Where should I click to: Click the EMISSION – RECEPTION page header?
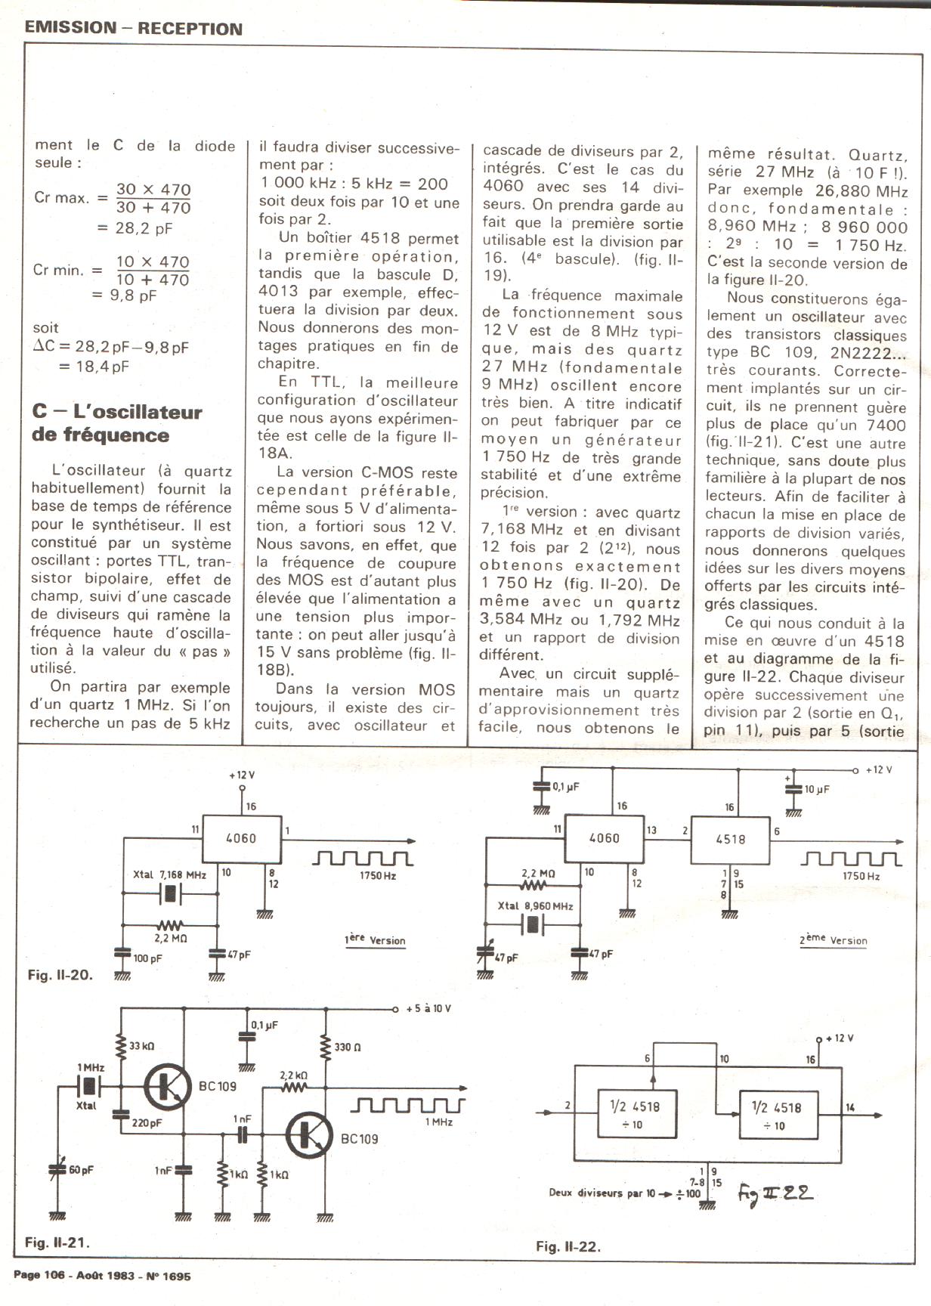point(133,29)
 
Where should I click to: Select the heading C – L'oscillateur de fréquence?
point(117,423)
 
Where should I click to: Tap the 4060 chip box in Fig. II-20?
point(241,837)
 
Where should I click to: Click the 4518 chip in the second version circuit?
point(730,839)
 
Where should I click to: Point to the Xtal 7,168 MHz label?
point(169,874)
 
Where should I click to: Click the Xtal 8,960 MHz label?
point(535,905)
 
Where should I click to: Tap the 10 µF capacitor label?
point(817,789)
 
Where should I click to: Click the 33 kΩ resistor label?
point(141,1046)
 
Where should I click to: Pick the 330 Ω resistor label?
point(348,1048)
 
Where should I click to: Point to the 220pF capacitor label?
point(147,1123)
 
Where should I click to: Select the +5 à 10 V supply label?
point(428,1009)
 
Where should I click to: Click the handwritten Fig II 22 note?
point(775,1193)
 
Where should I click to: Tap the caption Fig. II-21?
point(57,1242)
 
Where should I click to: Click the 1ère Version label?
point(375,940)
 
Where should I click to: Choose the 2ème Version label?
point(833,940)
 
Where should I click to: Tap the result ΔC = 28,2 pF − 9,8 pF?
point(110,348)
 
